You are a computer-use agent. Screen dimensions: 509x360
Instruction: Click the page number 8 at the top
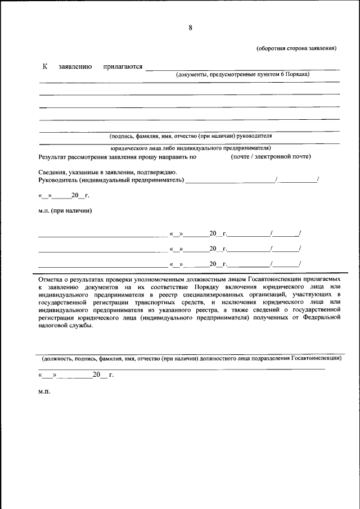click(190, 28)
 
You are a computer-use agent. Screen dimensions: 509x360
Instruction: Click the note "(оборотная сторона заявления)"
click(296, 48)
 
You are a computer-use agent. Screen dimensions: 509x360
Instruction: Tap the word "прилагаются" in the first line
click(123, 67)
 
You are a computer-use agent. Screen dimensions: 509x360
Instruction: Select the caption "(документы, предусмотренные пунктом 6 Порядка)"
click(242, 74)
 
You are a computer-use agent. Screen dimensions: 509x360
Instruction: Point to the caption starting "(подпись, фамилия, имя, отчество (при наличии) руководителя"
click(190, 136)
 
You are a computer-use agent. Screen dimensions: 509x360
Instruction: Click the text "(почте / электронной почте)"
click(271, 156)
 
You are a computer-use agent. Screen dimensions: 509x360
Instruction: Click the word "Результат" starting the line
click(54, 157)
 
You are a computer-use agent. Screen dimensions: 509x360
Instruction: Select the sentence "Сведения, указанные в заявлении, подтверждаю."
click(108, 172)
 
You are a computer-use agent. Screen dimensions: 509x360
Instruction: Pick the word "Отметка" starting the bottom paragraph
click(51, 279)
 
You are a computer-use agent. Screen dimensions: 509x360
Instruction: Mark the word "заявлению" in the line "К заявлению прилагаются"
click(75, 67)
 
